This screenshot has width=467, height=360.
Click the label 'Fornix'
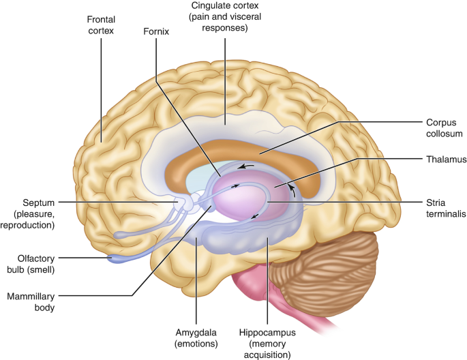[156, 31]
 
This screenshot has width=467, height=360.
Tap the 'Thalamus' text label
[446, 160]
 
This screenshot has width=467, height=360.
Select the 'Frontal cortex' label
[101, 25]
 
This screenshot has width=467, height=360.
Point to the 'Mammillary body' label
[31, 301]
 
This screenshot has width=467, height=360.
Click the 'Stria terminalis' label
[446, 208]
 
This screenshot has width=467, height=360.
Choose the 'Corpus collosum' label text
[444, 128]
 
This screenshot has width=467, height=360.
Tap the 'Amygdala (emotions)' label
[196, 338]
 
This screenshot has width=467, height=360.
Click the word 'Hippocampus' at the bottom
[267, 332]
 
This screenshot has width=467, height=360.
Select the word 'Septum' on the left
[39, 202]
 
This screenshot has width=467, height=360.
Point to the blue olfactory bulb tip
[112, 258]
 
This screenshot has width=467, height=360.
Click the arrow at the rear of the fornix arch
[292, 191]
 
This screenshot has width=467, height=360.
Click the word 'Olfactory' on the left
[36, 259]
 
